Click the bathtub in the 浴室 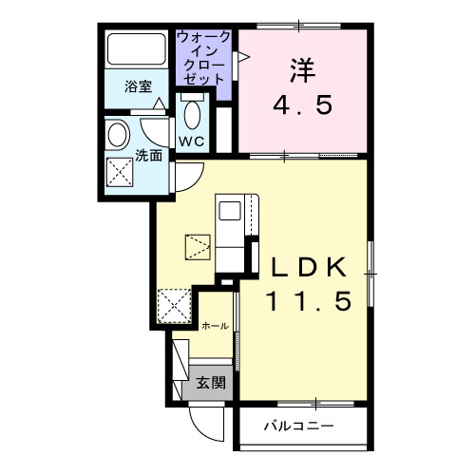[x=136, y=49]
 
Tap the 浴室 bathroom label [x=139, y=86]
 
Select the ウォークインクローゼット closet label [x=202, y=58]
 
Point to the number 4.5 [x=302, y=104]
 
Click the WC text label [x=192, y=142]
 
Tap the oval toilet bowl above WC [x=191, y=117]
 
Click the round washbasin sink [x=120, y=134]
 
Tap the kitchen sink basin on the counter [x=230, y=211]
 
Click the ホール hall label [x=215, y=326]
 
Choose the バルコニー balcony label [x=298, y=426]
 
